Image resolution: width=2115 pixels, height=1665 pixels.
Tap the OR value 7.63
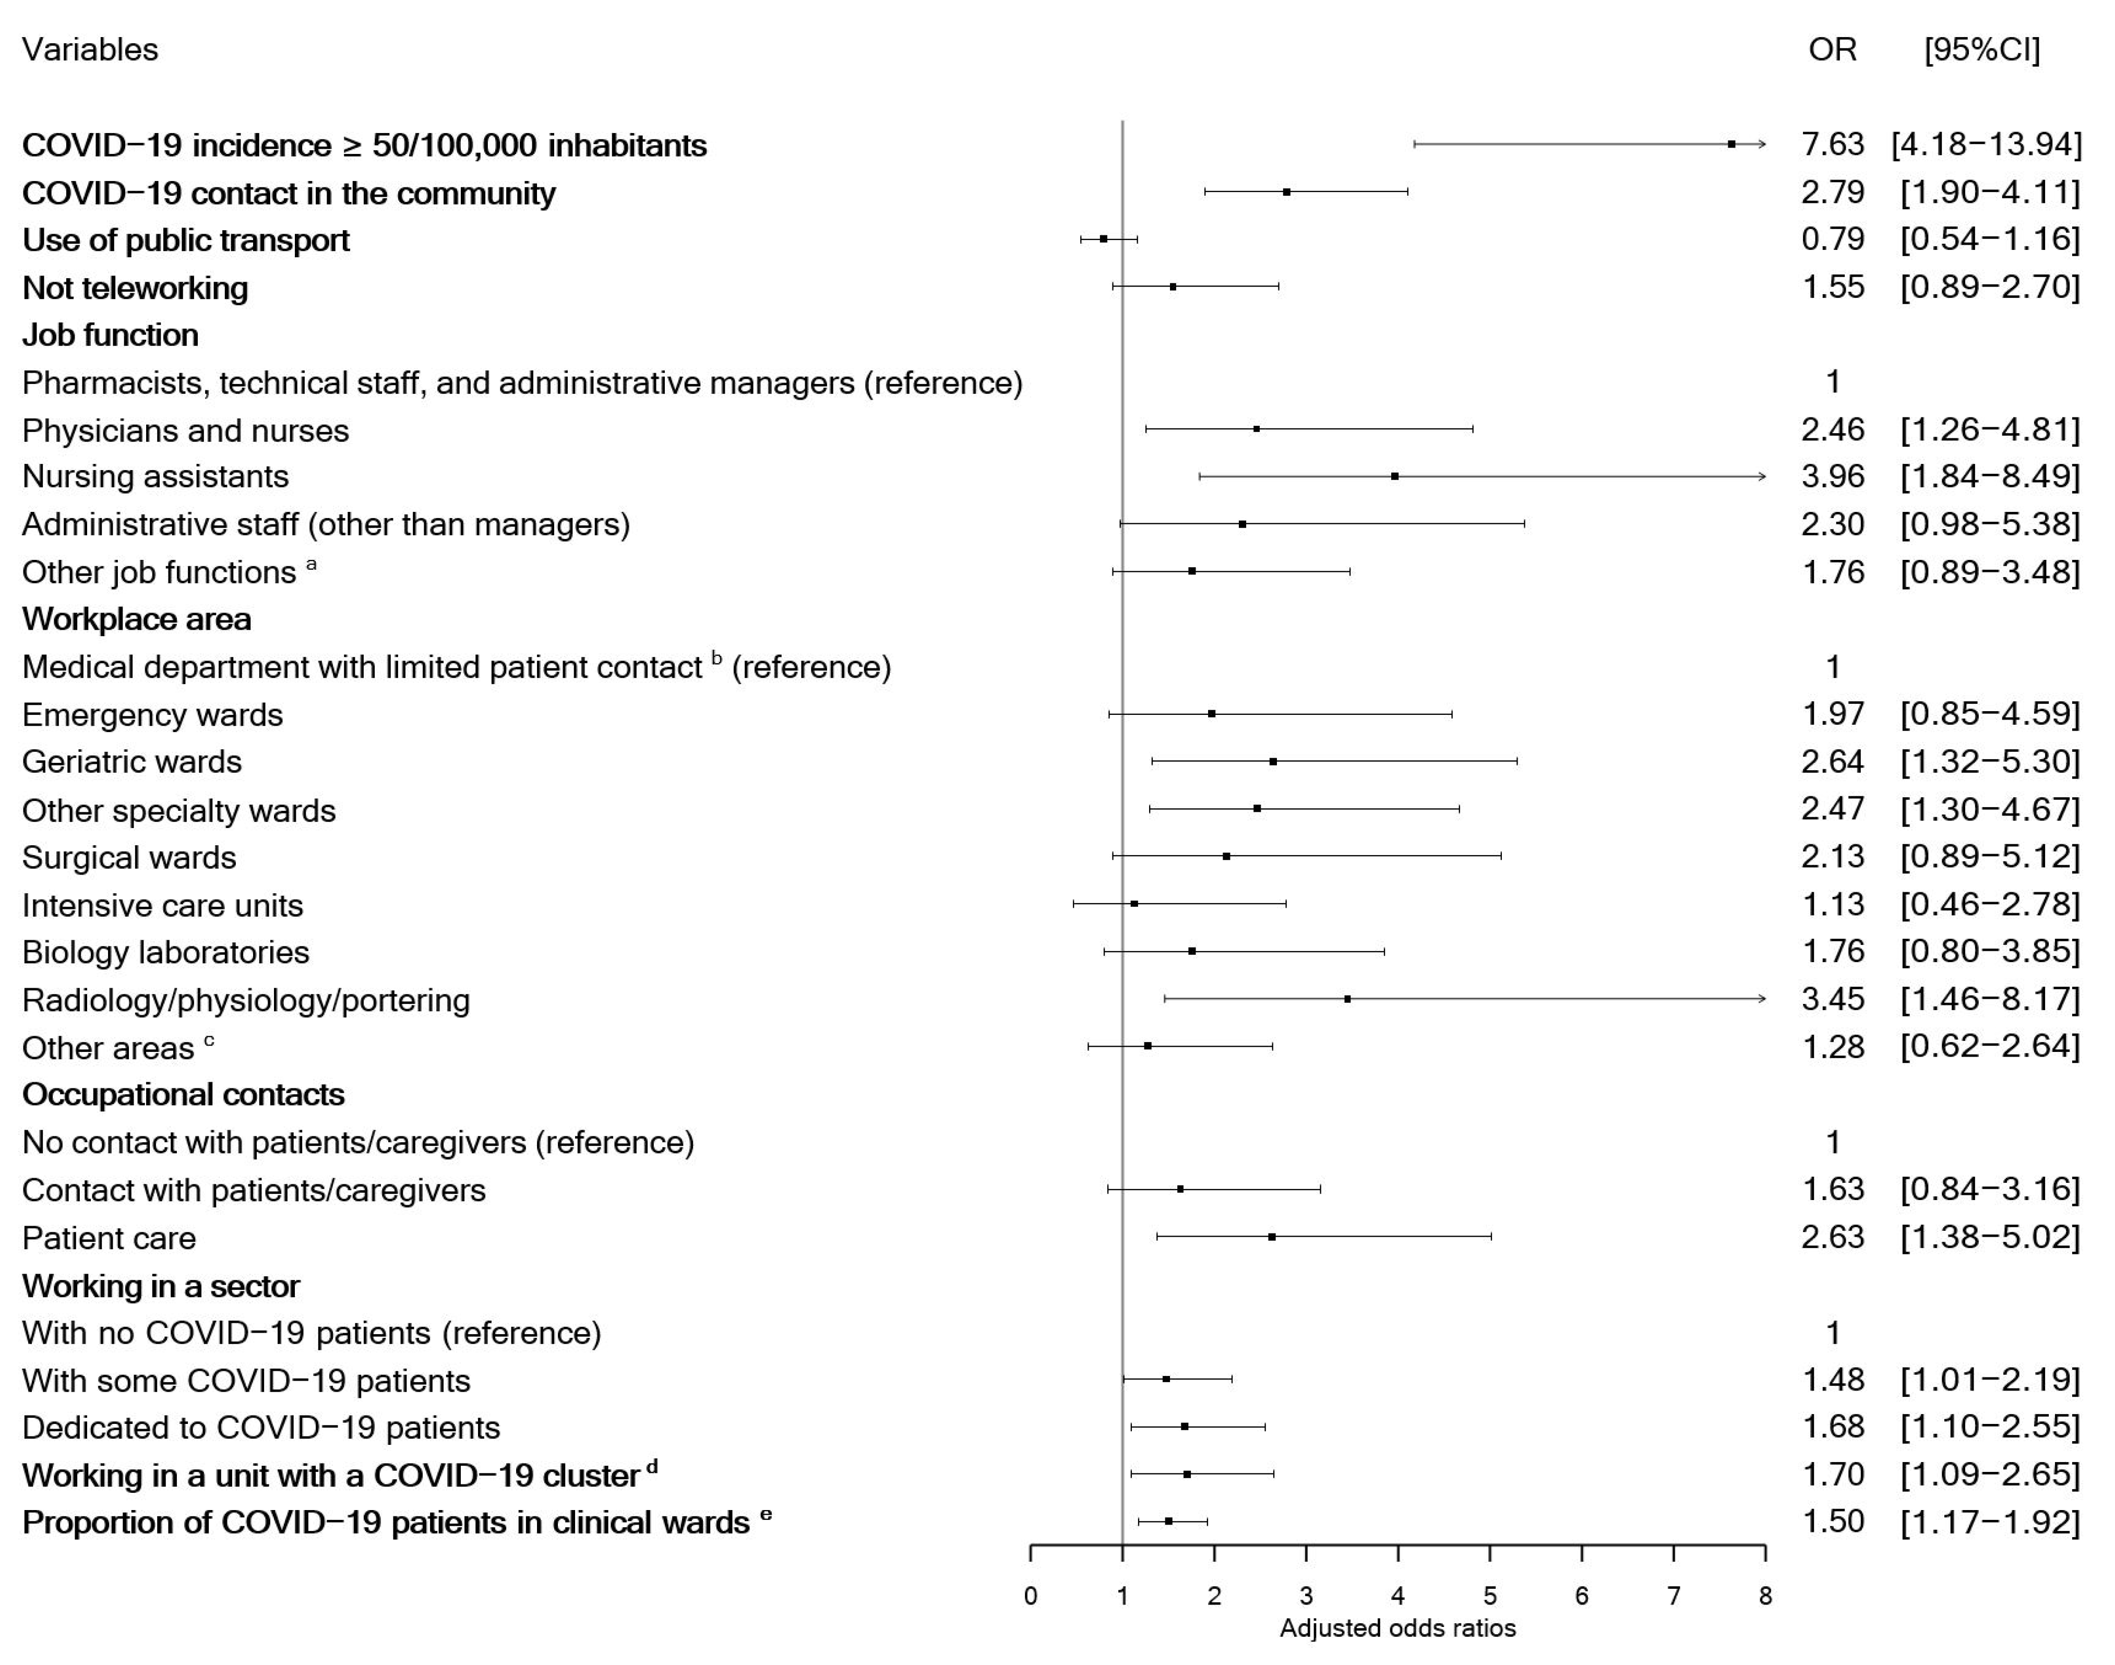[x=1832, y=145]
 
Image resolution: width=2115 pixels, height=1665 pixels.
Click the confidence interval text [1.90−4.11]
[x=1989, y=192]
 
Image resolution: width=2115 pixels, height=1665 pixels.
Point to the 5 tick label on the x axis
[x=1490, y=1596]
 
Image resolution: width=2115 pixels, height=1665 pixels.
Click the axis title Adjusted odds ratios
[x=1397, y=1628]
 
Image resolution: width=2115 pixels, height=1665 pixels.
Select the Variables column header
[x=90, y=50]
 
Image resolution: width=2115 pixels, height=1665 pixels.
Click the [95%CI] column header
[x=1981, y=50]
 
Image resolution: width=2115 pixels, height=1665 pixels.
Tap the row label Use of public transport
[x=185, y=240]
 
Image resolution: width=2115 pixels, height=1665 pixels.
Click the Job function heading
[x=110, y=334]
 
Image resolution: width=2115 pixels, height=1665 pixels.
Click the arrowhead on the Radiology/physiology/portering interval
[x=1760, y=998]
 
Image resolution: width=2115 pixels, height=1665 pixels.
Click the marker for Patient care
[x=1272, y=1236]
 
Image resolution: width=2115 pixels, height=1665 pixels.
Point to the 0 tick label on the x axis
[x=1030, y=1596]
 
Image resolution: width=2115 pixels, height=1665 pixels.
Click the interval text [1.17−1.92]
[x=1989, y=1522]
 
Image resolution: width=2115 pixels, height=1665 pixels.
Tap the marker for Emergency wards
[x=1212, y=714]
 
